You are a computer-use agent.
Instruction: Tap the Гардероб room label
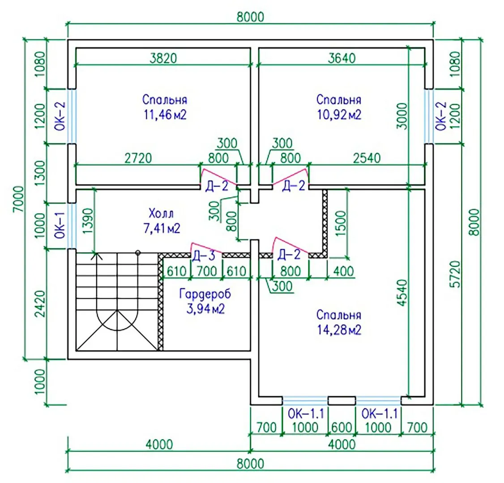(205, 294)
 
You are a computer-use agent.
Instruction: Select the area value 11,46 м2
(165, 114)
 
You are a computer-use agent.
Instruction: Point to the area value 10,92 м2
(338, 114)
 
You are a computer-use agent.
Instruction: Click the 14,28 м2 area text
(338, 330)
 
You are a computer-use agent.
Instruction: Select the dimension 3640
(341, 58)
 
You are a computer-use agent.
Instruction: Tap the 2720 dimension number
(137, 158)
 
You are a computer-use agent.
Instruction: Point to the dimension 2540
(367, 158)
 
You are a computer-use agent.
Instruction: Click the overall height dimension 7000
(18, 199)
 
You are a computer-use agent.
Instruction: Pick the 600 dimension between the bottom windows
(342, 427)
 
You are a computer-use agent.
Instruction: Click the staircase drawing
(114, 304)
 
